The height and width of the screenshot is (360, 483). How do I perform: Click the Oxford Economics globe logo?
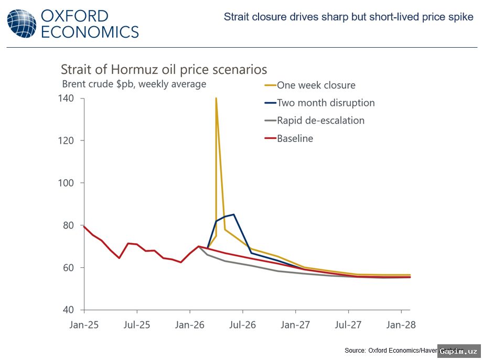tap(22, 24)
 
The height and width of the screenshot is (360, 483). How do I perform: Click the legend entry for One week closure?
tap(316, 85)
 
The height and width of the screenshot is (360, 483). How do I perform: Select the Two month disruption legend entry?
tap(326, 103)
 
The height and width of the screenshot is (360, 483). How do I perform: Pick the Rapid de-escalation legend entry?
tap(320, 121)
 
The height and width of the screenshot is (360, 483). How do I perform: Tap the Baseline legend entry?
tap(295, 138)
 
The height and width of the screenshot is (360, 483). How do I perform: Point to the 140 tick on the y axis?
tap(70, 99)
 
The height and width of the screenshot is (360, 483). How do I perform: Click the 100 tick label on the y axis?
tap(70, 183)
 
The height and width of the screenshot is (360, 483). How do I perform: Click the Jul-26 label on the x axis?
tap(242, 325)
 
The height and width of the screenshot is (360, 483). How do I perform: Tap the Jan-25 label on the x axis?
tap(84, 325)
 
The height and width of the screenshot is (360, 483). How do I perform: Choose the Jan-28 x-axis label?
tap(401, 325)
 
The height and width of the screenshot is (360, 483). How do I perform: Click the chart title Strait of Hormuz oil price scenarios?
tap(164, 70)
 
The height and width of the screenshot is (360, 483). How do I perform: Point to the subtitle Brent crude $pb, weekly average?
tap(134, 84)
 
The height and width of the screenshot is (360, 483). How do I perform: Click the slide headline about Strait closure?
tap(348, 17)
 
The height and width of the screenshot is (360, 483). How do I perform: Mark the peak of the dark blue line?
tap(233, 214)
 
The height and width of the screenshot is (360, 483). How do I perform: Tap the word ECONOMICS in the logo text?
tap(90, 31)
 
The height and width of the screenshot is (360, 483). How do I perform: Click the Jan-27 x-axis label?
tap(295, 325)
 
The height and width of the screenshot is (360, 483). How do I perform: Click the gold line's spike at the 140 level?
tap(216, 99)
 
